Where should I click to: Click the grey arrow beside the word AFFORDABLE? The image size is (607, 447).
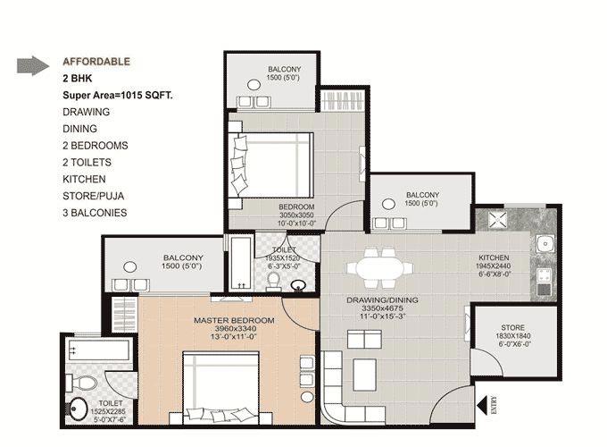pos(33,65)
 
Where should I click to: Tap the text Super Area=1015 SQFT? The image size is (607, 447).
pos(118,96)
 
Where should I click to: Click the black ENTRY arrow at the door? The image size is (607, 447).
pos(482,406)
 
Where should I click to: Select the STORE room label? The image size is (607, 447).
pos(513,327)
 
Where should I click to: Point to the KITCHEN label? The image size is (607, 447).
pos(494,257)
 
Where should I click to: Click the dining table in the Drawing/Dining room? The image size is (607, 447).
pos(379,268)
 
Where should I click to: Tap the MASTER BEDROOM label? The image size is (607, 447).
pos(234,321)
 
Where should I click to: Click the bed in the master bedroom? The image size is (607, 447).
pos(220,388)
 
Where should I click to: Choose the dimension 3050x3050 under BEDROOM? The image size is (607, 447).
pos(296,215)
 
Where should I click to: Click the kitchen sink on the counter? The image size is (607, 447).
pos(545,243)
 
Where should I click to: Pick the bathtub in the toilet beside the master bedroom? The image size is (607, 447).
pos(98,350)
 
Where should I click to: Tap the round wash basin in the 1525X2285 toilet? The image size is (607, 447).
pos(79,409)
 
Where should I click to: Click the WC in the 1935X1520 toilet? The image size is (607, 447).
pos(274,281)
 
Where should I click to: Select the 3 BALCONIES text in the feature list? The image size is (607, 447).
pos(95,213)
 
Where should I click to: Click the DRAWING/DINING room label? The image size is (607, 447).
pos(382,300)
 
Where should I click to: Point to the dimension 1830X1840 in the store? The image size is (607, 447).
pos(513,336)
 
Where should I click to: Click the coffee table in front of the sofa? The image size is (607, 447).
pos(364,375)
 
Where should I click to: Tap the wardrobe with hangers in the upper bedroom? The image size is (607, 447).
pos(343,101)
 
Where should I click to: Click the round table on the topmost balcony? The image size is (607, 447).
pos(254,85)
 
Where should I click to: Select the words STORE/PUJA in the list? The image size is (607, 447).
pos(94,196)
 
